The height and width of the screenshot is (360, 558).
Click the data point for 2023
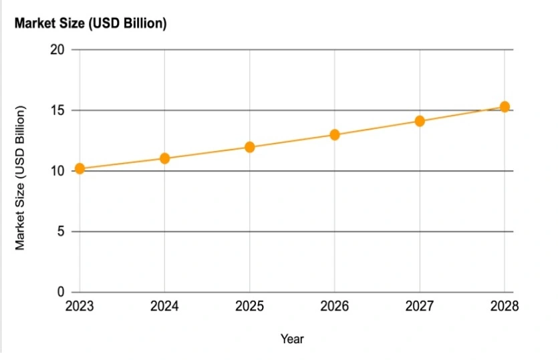(80, 168)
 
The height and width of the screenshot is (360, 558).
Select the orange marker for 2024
(164, 158)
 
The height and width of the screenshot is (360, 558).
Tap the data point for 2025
(249, 147)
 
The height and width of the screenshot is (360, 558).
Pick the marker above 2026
(335, 135)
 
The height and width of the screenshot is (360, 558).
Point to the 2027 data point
(420, 121)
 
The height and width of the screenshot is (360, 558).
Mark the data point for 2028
(505, 107)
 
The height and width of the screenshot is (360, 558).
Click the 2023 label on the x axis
(80, 307)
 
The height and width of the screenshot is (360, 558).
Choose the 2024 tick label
(164, 307)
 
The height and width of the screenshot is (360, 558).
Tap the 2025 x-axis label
(249, 307)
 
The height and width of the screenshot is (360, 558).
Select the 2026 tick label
(335, 307)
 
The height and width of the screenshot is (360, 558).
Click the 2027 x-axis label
(420, 307)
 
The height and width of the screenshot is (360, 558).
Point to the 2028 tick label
(505, 307)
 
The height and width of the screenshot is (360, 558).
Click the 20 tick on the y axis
(57, 50)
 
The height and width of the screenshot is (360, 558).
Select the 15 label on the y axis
(57, 110)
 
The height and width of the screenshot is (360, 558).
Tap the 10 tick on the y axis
(57, 171)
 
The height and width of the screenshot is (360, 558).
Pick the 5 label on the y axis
(61, 232)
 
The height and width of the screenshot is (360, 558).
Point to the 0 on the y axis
(61, 293)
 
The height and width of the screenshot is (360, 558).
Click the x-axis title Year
(292, 339)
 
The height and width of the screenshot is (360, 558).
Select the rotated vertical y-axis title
(21, 178)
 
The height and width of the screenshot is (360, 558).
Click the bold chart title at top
(90, 24)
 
